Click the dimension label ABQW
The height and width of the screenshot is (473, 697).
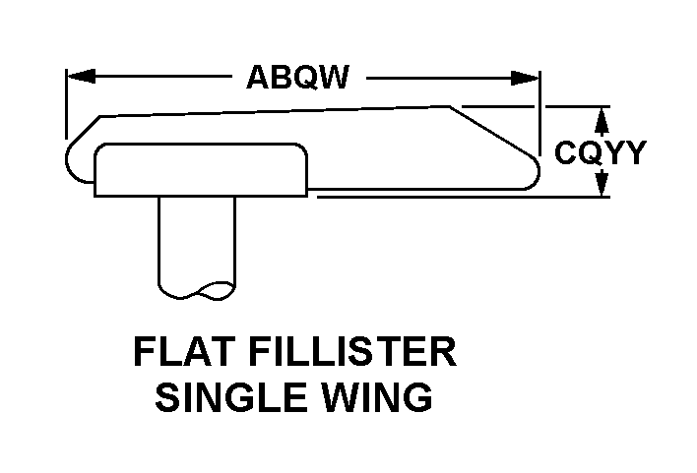click(x=297, y=78)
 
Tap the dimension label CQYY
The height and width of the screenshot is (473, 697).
click(x=600, y=152)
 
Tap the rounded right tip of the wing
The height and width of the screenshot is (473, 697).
click(x=533, y=173)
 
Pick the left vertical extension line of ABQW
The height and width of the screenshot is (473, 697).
click(x=65, y=103)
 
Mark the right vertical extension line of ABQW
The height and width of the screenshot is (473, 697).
click(x=539, y=108)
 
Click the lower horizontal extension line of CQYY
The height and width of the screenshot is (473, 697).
click(x=463, y=197)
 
